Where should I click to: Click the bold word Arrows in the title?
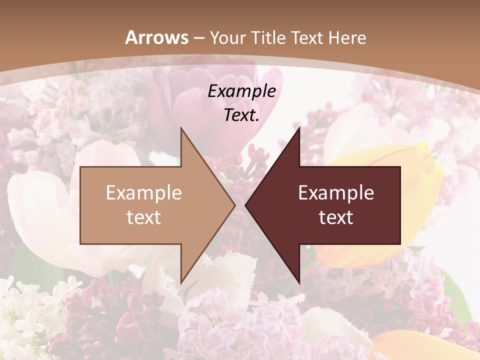coord(157,37)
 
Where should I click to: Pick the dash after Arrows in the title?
coord(199,38)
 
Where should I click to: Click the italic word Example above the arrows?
coord(241,91)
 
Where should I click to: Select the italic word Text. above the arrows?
coord(241,115)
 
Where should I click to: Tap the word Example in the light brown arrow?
coord(144,192)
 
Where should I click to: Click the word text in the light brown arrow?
coord(144,217)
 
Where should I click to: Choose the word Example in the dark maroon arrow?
coord(336,192)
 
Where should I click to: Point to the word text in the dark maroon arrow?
coord(336,217)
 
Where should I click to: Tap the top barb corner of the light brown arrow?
coord(181,128)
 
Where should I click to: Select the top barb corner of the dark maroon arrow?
coord(299,128)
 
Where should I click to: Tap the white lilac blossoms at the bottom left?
coord(25,310)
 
